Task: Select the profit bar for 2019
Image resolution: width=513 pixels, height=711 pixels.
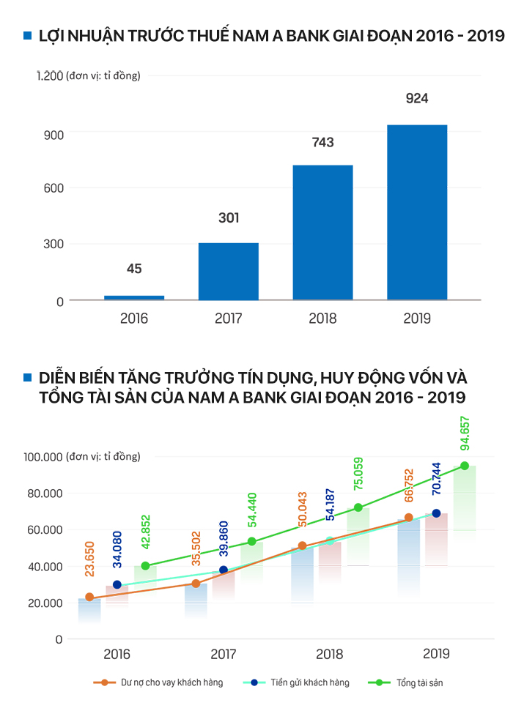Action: tap(417, 212)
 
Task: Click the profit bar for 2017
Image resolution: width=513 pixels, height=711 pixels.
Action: tap(229, 271)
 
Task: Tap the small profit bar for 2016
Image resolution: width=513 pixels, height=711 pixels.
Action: tap(134, 297)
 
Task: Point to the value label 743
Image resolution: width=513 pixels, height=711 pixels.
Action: tap(322, 142)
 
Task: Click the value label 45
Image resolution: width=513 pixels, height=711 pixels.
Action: tap(134, 269)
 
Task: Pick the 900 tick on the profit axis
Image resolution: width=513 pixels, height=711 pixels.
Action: tap(56, 134)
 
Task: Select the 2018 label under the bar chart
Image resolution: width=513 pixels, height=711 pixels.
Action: tap(322, 319)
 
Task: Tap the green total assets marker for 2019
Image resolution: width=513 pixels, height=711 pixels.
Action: tap(465, 466)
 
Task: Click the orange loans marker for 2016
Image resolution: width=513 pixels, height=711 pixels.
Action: tap(89, 597)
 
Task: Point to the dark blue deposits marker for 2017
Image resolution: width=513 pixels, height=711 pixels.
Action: tap(224, 570)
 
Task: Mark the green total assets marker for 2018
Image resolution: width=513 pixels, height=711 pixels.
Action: tap(358, 507)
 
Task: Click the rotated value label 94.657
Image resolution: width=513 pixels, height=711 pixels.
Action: tap(465, 435)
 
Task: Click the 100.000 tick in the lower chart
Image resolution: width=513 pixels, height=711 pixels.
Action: tap(45, 457)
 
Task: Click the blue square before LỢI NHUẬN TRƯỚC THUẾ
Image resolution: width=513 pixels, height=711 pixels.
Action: tap(28, 36)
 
